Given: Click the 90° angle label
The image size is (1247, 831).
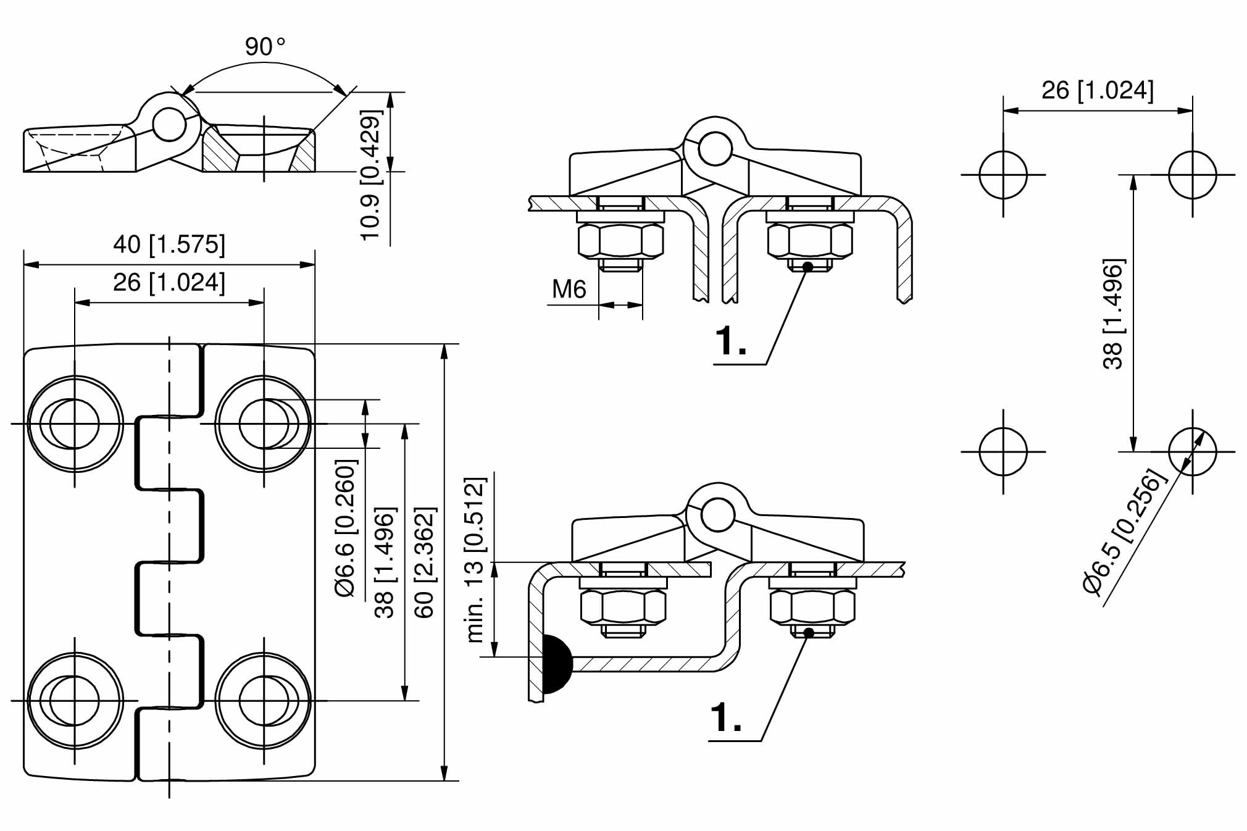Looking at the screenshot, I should (265, 47).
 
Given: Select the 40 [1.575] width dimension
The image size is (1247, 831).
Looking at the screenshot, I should (169, 244).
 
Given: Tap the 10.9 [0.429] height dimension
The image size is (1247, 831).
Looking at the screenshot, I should (371, 175).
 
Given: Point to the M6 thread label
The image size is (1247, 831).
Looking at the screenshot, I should (569, 289).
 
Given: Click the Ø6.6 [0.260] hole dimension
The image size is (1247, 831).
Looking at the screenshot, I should (346, 528).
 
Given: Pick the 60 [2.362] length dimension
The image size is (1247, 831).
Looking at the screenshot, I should (425, 562).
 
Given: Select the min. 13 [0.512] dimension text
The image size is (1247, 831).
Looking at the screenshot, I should (476, 559).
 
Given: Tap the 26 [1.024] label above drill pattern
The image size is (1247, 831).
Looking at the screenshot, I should (1097, 90).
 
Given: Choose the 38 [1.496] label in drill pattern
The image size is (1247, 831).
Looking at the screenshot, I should (1113, 314).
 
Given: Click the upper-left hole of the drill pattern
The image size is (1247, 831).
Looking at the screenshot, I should (1003, 175).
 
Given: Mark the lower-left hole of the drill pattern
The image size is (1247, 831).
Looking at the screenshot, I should (1003, 451).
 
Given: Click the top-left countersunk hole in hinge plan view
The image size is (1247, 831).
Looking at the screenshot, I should (75, 424).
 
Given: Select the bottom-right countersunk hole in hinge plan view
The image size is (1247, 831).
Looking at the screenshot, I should (264, 701).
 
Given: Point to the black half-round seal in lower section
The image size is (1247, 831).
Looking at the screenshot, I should (555, 663).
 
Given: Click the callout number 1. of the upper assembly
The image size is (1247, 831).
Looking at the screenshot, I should (730, 341).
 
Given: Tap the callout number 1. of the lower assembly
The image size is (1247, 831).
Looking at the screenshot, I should (726, 717).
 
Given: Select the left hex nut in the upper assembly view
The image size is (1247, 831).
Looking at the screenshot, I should (620, 240).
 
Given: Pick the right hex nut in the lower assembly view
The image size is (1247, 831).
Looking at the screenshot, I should (812, 606).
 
